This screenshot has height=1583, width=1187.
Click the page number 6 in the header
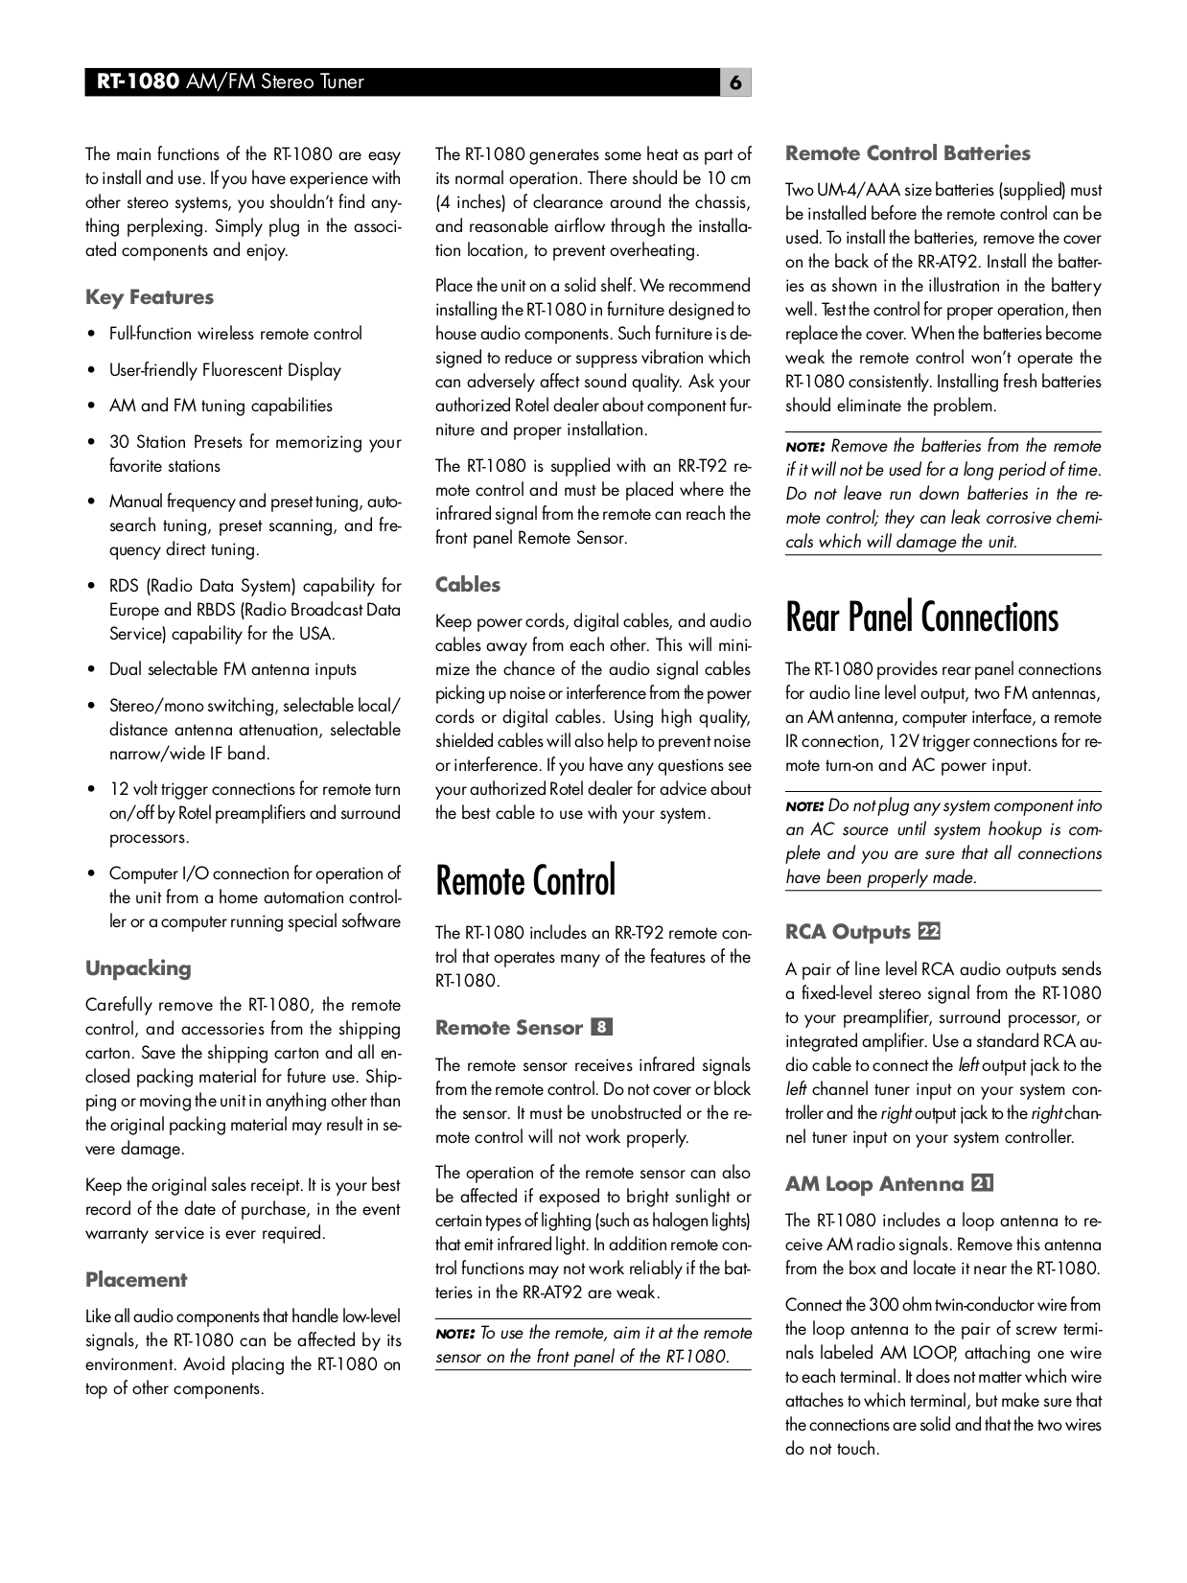735,82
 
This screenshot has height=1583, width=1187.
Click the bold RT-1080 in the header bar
137,82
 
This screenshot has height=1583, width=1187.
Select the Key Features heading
150,297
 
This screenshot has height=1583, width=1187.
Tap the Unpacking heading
138,968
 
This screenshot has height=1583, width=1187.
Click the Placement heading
136,1280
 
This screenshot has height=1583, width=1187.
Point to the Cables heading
468,585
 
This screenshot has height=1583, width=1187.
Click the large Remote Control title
525,881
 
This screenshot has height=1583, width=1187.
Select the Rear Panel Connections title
921,617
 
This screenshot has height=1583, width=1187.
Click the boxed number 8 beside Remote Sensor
602,1028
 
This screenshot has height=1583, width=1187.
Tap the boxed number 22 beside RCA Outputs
929,932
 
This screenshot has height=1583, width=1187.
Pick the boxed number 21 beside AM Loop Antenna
982,1183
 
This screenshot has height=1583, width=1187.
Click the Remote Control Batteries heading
907,153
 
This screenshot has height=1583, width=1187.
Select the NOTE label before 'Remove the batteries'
804,447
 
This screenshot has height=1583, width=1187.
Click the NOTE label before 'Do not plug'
804,806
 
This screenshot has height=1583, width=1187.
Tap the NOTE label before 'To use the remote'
454,1334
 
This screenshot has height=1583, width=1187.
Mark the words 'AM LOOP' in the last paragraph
918,1353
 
